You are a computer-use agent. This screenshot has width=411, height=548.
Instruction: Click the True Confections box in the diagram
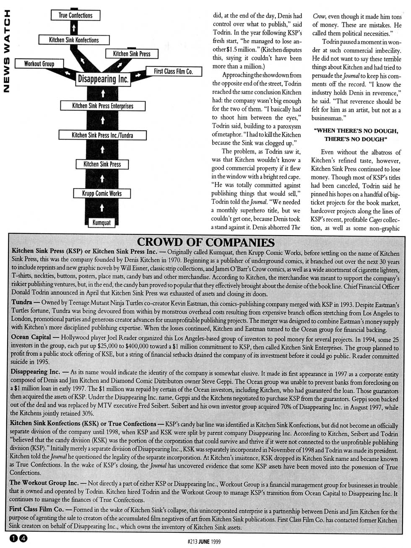(75, 16)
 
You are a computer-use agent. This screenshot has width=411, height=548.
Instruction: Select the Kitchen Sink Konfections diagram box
(74, 40)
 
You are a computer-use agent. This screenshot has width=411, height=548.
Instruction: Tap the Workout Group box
(39, 64)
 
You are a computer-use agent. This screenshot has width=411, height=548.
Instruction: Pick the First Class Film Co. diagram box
(173, 72)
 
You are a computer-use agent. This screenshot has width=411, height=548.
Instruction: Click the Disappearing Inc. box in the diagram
(103, 79)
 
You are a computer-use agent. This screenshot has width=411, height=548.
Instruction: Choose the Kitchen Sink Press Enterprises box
(102, 106)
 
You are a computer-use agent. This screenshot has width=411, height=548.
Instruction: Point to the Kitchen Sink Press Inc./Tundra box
(102, 135)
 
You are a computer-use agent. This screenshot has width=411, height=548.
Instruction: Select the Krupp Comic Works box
(102, 193)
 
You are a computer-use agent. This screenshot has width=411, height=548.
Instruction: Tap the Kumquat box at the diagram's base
(102, 222)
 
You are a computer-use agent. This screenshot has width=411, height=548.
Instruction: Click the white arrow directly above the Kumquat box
(102, 208)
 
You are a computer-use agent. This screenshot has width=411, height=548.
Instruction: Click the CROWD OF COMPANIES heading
(206, 242)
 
